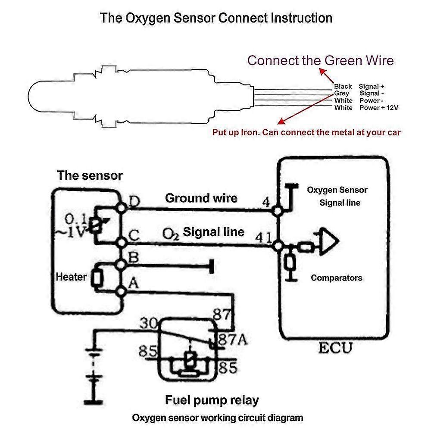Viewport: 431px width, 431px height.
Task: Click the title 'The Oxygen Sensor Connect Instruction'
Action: tap(216, 18)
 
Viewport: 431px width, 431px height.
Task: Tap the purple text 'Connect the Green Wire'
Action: tap(320, 60)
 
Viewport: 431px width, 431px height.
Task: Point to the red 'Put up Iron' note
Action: tap(306, 132)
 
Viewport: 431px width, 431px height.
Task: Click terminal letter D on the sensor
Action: tap(134, 201)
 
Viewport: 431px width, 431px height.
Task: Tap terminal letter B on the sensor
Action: tap(134, 258)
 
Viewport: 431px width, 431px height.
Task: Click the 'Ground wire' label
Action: tap(201, 198)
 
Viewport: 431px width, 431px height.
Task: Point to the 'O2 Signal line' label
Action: tap(203, 232)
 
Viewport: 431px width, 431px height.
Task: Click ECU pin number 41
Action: tap(264, 237)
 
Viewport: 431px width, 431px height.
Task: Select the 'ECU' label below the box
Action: tap(335, 348)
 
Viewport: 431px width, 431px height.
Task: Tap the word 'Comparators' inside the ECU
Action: tap(337, 278)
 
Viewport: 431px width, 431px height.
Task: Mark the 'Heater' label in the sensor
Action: tap(72, 277)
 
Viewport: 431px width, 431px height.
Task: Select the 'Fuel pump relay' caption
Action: tap(212, 400)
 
